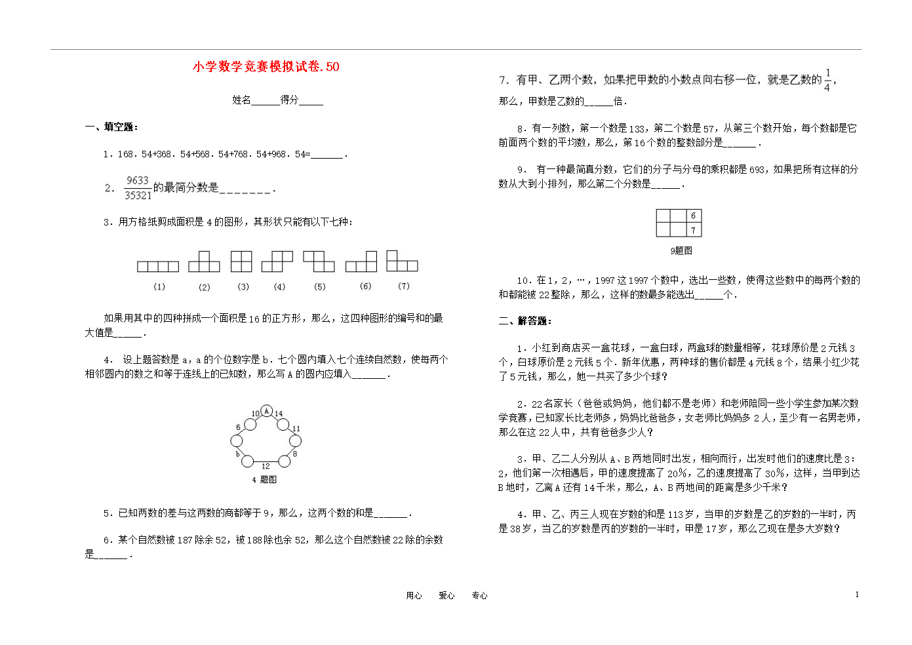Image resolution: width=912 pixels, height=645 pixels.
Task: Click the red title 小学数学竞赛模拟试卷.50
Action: [x=266, y=66]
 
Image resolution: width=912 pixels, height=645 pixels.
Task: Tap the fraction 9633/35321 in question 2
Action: [x=138, y=187]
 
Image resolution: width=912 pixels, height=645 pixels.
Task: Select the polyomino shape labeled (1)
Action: [x=157, y=266]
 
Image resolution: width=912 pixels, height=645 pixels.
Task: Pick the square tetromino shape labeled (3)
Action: [x=241, y=261]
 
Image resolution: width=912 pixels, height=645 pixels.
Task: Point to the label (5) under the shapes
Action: [x=319, y=286]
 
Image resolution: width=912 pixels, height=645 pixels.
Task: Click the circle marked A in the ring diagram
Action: [x=266, y=411]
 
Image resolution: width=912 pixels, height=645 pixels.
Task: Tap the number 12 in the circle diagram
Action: [x=266, y=466]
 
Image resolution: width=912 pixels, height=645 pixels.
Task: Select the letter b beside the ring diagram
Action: [x=237, y=454]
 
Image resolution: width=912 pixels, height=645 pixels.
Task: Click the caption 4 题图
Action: [x=264, y=480]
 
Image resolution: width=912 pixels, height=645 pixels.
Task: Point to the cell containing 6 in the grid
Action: [x=693, y=216]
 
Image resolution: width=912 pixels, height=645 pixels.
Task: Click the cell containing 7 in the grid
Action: [x=693, y=230]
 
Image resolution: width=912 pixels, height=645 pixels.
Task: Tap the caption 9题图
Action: [x=681, y=250]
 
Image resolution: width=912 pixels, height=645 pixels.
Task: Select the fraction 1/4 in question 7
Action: [x=827, y=80]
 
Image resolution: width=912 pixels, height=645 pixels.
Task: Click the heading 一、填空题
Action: [x=111, y=127]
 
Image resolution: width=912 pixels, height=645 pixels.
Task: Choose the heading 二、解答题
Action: [x=525, y=321]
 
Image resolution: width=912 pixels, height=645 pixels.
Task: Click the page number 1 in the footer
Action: [x=856, y=595]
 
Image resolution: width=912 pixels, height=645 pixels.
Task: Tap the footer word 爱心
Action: [x=446, y=595]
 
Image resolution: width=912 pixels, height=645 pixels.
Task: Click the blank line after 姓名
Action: [x=266, y=101]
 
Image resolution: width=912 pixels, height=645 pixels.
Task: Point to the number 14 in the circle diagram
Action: [x=279, y=414]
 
